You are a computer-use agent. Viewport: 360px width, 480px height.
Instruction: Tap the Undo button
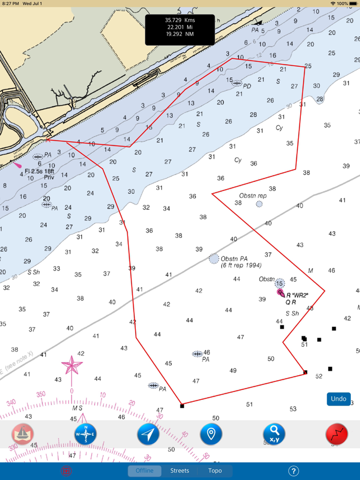coord(338,399)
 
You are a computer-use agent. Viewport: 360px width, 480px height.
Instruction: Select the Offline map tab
coord(145,471)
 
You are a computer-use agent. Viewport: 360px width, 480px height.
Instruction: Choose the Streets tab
coord(179,471)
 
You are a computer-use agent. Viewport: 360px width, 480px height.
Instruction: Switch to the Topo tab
coord(215,471)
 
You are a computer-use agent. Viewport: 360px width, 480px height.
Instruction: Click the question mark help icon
coord(293,471)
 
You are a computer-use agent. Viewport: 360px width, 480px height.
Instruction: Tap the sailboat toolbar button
coord(23,434)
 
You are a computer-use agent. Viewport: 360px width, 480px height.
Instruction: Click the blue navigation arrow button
coord(148,434)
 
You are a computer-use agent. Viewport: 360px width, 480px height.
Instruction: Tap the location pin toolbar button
coord(211,434)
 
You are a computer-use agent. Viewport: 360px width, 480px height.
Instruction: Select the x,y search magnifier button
coord(274,434)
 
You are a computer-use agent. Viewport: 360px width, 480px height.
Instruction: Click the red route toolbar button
coord(337,434)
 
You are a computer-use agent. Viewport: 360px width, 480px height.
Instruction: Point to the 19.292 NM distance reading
coord(179,34)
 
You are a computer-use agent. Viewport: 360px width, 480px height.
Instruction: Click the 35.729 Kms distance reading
coord(179,20)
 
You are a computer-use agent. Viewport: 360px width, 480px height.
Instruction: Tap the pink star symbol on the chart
coord(72,366)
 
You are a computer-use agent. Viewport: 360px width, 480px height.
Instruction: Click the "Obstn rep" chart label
coord(253,196)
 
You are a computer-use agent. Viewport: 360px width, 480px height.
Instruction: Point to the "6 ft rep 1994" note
coord(241,265)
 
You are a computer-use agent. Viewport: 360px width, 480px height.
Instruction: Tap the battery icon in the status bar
coord(354,3)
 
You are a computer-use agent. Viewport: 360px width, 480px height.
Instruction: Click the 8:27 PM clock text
coord(10,3)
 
